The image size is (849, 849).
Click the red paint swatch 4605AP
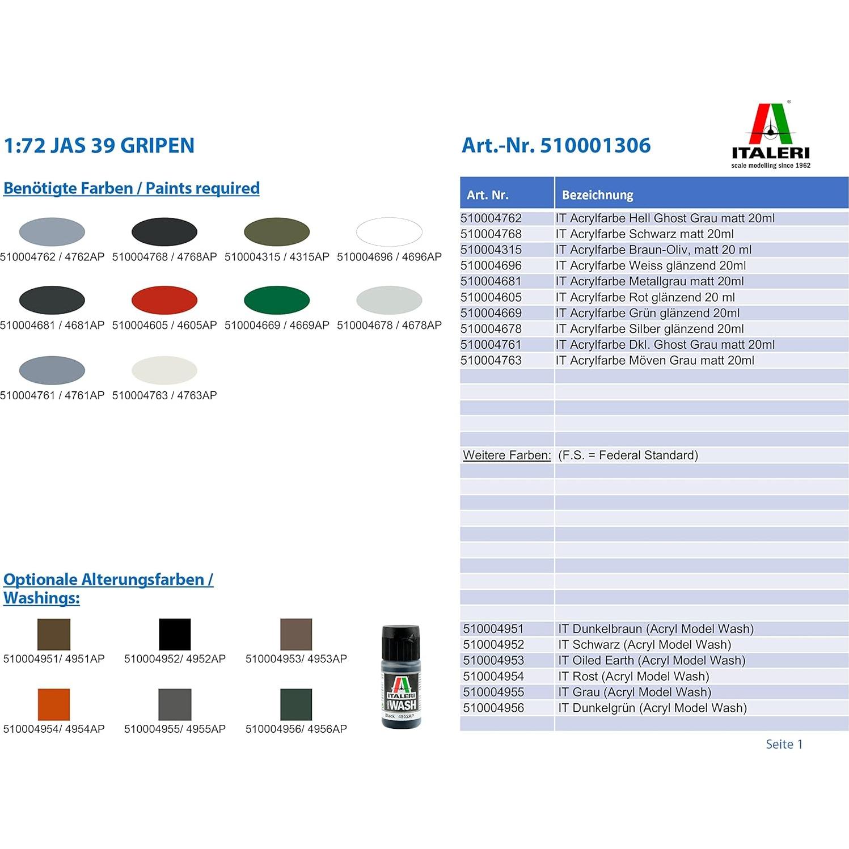click(164, 300)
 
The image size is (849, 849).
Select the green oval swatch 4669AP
click(277, 300)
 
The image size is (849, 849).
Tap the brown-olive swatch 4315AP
click(277, 231)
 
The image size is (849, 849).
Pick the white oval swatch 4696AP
click(389, 231)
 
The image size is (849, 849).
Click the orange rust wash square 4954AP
click(54, 704)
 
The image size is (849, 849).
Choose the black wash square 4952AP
click(175, 634)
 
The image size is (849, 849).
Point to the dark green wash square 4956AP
click(296, 704)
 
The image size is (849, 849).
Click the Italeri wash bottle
click(401, 677)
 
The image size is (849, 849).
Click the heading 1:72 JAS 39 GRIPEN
click(99, 146)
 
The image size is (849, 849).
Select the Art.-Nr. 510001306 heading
click(556, 145)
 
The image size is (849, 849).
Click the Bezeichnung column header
click(597, 195)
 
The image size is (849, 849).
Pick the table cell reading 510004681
click(491, 281)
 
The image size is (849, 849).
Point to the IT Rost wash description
click(633, 676)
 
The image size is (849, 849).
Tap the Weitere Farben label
click(506, 455)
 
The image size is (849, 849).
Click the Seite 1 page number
click(784, 744)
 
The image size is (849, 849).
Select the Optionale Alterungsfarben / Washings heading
click(108, 588)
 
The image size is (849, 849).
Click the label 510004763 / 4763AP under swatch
click(164, 395)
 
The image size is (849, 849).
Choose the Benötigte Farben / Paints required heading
click(132, 188)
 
